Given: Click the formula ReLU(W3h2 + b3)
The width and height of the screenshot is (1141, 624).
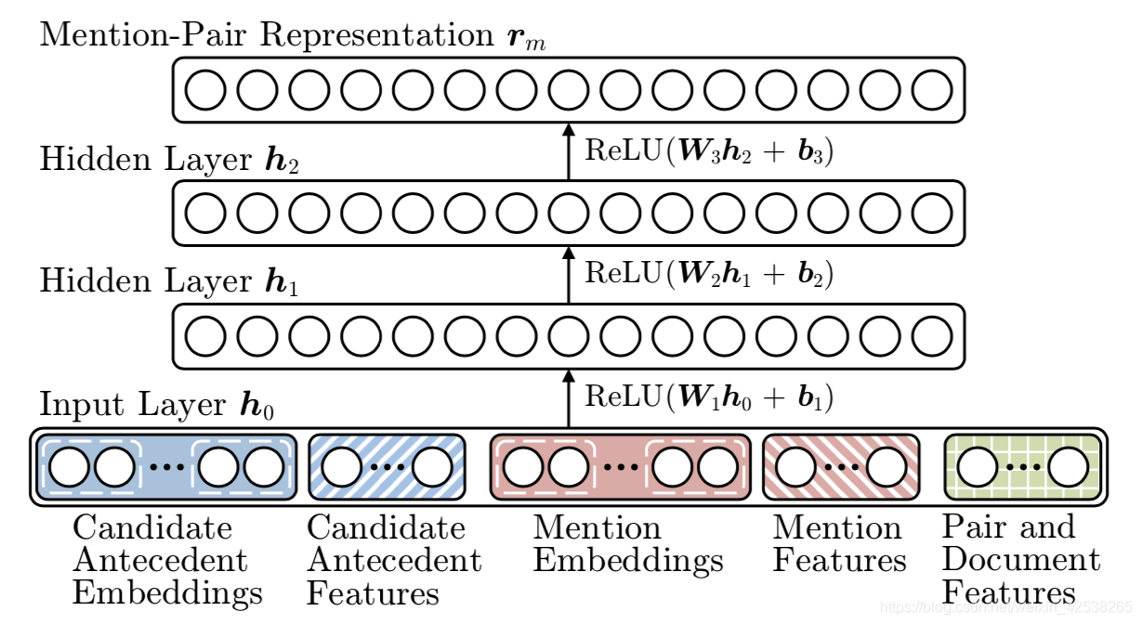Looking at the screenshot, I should click(x=708, y=150).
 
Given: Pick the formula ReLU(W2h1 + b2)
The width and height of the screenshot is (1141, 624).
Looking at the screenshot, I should click(x=708, y=273).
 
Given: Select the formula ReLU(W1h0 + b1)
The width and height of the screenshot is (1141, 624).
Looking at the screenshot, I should click(x=708, y=397).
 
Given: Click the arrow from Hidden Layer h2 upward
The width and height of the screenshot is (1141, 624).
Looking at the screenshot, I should click(x=569, y=152).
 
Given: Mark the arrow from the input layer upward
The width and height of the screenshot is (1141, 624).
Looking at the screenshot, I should click(x=569, y=399).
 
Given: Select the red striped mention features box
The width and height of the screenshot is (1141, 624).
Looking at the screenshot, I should click(x=841, y=467).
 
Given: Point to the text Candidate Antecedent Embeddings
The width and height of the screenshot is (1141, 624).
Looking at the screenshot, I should click(x=166, y=560).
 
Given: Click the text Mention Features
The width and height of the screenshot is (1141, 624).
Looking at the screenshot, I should click(x=839, y=544).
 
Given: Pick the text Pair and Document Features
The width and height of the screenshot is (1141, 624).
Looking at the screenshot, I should click(x=1020, y=560).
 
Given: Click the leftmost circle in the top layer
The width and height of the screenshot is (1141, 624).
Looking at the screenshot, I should click(x=205, y=90).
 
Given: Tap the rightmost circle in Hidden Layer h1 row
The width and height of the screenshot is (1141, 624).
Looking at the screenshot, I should click(x=932, y=336).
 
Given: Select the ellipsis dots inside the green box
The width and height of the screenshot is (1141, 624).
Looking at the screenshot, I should click(x=1022, y=467).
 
